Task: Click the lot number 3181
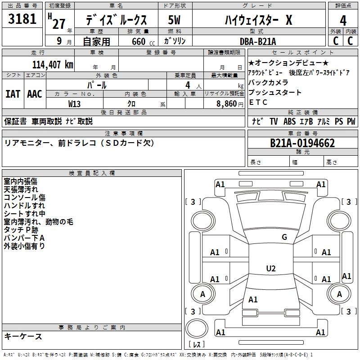pos(22,19)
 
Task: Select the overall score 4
pos(343,20)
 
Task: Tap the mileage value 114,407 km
pos(53,65)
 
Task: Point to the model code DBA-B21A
pos(258,41)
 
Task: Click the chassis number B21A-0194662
pos(302,143)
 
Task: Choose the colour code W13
pos(74,104)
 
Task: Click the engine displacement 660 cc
pos(143,41)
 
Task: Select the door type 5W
pos(174,20)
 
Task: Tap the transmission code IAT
pos(13,94)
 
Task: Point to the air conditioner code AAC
pos(35,94)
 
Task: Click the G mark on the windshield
pos(284,237)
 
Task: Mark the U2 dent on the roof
pos(271,268)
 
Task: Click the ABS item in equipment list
pos(289,121)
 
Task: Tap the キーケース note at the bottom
pos(23,336)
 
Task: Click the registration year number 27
pos(59,24)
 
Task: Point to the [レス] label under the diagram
pos(197,344)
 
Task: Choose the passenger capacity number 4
pos(188,85)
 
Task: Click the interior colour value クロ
pos(131,104)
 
